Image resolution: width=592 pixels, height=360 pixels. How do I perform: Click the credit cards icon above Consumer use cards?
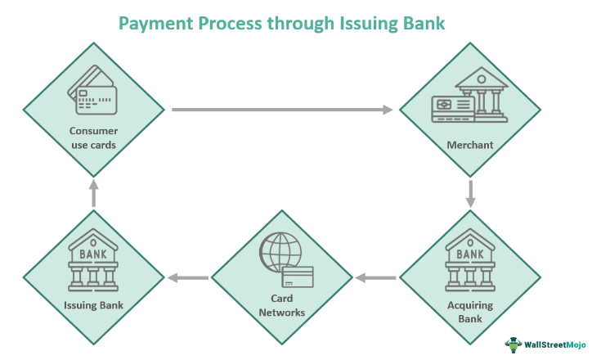[x=92, y=91]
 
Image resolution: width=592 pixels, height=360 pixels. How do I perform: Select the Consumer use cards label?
[x=93, y=137]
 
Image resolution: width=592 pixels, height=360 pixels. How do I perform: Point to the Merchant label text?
[x=469, y=146]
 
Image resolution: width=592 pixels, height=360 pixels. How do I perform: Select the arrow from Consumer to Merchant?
[x=282, y=109]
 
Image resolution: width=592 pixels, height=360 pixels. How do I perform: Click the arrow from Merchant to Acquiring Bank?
[x=470, y=193]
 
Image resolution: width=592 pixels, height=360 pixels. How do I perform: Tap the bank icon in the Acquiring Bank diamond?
[x=469, y=260]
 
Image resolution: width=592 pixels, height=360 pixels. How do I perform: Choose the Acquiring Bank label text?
[x=469, y=311]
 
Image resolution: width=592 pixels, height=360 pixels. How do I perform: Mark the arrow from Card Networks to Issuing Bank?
[x=187, y=278]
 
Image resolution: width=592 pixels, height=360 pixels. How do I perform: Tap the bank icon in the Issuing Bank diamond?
[x=92, y=260]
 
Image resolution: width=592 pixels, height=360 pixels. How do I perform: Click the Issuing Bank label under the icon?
[x=92, y=305]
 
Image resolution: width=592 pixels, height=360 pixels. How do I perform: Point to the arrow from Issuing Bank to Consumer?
[x=93, y=193]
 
